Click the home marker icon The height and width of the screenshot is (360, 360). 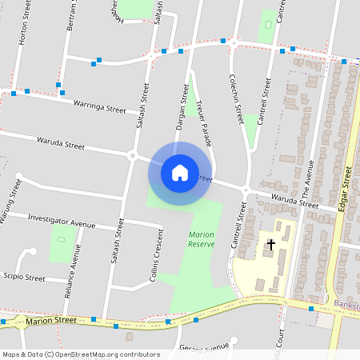click(180, 172)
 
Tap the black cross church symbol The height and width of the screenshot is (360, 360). click(271, 244)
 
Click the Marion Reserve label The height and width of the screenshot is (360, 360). click(201, 238)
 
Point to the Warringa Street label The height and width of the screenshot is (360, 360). click(99, 106)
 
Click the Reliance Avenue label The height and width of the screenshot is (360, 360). click(73, 272)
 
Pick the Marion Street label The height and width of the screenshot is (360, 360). click(50, 321)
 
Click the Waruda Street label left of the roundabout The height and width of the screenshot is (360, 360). click(61, 144)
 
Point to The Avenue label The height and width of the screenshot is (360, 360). click(307, 179)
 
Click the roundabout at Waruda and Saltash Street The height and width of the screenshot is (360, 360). click(131, 154)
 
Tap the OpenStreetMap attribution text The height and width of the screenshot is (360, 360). click(81, 354)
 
